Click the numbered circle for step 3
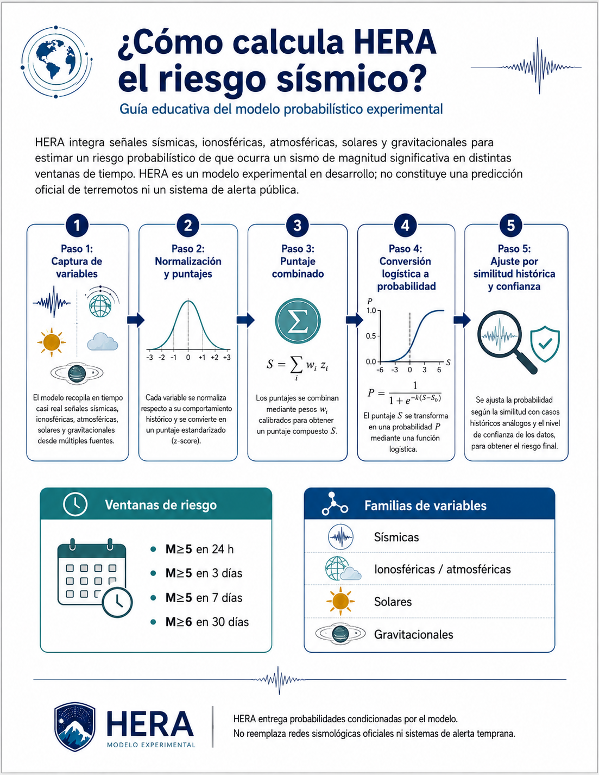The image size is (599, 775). [x=298, y=226]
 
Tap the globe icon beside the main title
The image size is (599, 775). [x=56, y=62]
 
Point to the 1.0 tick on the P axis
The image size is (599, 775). [x=371, y=311]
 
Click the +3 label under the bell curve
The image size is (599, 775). [x=226, y=358]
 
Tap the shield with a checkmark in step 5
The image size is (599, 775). [x=545, y=343]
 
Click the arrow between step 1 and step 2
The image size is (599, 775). [x=136, y=320]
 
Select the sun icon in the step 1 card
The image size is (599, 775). [x=52, y=342]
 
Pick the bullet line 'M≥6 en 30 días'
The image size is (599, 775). [x=207, y=622]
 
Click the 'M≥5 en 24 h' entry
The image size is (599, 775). [x=199, y=549]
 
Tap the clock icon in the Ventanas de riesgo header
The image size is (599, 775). [x=75, y=504]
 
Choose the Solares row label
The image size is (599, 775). [x=393, y=602]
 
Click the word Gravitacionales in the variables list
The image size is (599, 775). [x=413, y=634]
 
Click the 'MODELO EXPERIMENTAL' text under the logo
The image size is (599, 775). [x=151, y=745]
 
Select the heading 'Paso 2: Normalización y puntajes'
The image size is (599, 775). [x=188, y=261]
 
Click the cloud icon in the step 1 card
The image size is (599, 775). [x=103, y=341]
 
